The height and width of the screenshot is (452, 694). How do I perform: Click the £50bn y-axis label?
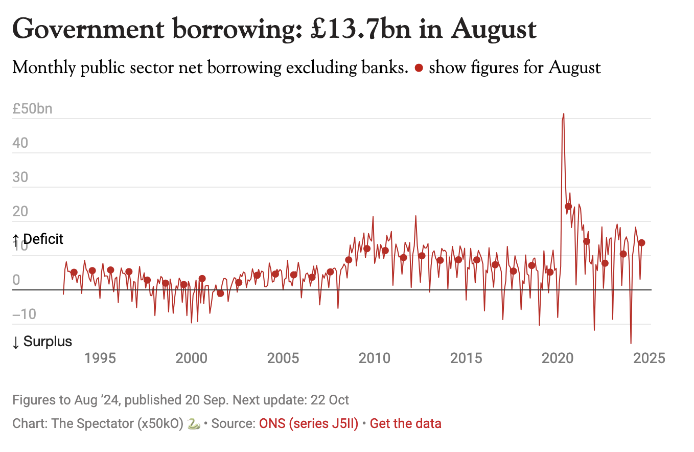click(32, 109)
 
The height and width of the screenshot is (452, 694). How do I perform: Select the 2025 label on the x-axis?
click(649, 358)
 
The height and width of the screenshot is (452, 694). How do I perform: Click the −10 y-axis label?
click(24, 314)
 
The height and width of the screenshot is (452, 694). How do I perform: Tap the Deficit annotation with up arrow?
click(38, 239)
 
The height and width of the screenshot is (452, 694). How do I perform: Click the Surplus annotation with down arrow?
click(42, 342)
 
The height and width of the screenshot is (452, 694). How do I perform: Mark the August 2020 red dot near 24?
click(568, 207)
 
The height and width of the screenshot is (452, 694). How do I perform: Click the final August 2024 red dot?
click(641, 243)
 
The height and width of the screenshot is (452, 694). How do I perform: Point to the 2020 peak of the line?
click(563, 114)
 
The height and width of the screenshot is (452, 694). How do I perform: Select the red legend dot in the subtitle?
click(419, 68)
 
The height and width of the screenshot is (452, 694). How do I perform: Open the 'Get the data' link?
click(405, 423)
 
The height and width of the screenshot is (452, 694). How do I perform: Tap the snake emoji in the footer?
click(193, 423)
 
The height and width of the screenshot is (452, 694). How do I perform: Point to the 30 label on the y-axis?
click(20, 177)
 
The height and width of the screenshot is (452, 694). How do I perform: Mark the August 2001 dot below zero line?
click(220, 293)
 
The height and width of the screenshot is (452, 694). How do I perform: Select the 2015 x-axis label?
click(466, 358)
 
